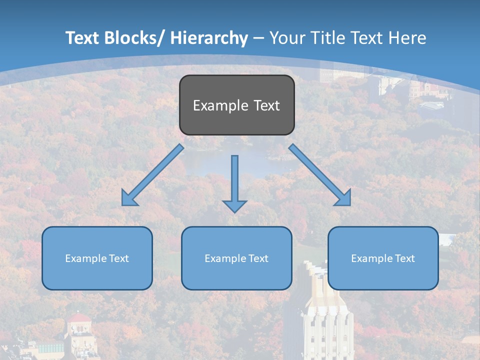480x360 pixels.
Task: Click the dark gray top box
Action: [x=236, y=105]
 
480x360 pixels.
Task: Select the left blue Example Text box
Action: [x=97, y=258]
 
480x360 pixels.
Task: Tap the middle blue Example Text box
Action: [x=236, y=258]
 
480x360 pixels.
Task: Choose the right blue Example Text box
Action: [x=383, y=258]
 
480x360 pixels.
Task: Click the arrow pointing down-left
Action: [x=152, y=175]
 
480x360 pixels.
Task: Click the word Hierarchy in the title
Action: [x=209, y=38]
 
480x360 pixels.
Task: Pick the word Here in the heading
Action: [x=407, y=38]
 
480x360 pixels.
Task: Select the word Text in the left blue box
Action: [x=119, y=258]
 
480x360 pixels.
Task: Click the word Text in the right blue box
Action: [x=405, y=258]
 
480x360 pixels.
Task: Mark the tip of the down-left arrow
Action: [x=123, y=204]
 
